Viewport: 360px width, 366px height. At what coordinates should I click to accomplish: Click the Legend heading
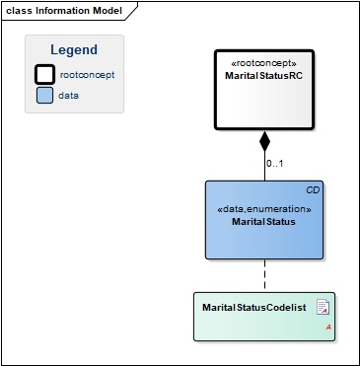(x=74, y=50)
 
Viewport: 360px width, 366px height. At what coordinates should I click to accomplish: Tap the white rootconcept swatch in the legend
(x=44, y=74)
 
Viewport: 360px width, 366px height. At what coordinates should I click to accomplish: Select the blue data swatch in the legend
(x=44, y=96)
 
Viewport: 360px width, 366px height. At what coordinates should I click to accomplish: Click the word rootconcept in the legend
(x=87, y=75)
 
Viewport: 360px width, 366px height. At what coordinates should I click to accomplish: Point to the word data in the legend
(x=68, y=96)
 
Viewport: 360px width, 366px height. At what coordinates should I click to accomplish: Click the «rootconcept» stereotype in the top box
(x=264, y=63)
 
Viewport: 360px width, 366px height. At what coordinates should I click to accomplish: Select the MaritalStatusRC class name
(x=263, y=76)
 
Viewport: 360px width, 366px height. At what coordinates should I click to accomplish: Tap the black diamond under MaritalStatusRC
(x=264, y=141)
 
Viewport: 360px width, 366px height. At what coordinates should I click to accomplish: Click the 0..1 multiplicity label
(x=275, y=163)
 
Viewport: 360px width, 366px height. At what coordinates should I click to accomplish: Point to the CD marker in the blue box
(x=313, y=190)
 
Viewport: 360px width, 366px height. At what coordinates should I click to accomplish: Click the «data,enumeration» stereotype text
(x=264, y=209)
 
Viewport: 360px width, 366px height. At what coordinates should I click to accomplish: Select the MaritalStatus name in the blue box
(x=263, y=222)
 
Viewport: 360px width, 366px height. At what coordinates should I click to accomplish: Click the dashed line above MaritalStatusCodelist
(x=264, y=275)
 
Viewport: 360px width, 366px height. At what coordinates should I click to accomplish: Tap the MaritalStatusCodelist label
(x=254, y=308)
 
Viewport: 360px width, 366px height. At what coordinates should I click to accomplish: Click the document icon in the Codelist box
(x=323, y=307)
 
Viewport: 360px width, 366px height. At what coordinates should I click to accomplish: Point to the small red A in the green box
(x=328, y=328)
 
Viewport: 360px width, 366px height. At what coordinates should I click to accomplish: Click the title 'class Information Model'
(x=64, y=11)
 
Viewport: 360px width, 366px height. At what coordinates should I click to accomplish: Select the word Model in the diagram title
(x=108, y=11)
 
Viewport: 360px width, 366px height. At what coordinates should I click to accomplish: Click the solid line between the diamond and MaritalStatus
(x=264, y=166)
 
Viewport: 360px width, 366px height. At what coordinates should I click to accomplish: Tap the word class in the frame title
(x=19, y=11)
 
